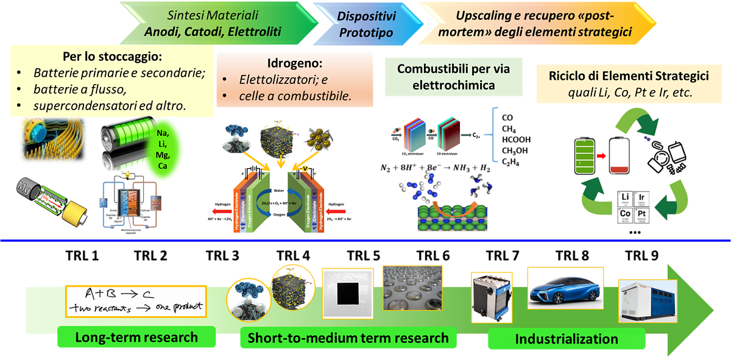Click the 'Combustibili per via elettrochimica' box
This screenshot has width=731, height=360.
point(453,77)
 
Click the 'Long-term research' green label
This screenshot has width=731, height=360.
point(136,337)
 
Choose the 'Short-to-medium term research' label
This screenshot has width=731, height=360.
point(348,338)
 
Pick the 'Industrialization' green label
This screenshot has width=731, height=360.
point(566,339)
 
